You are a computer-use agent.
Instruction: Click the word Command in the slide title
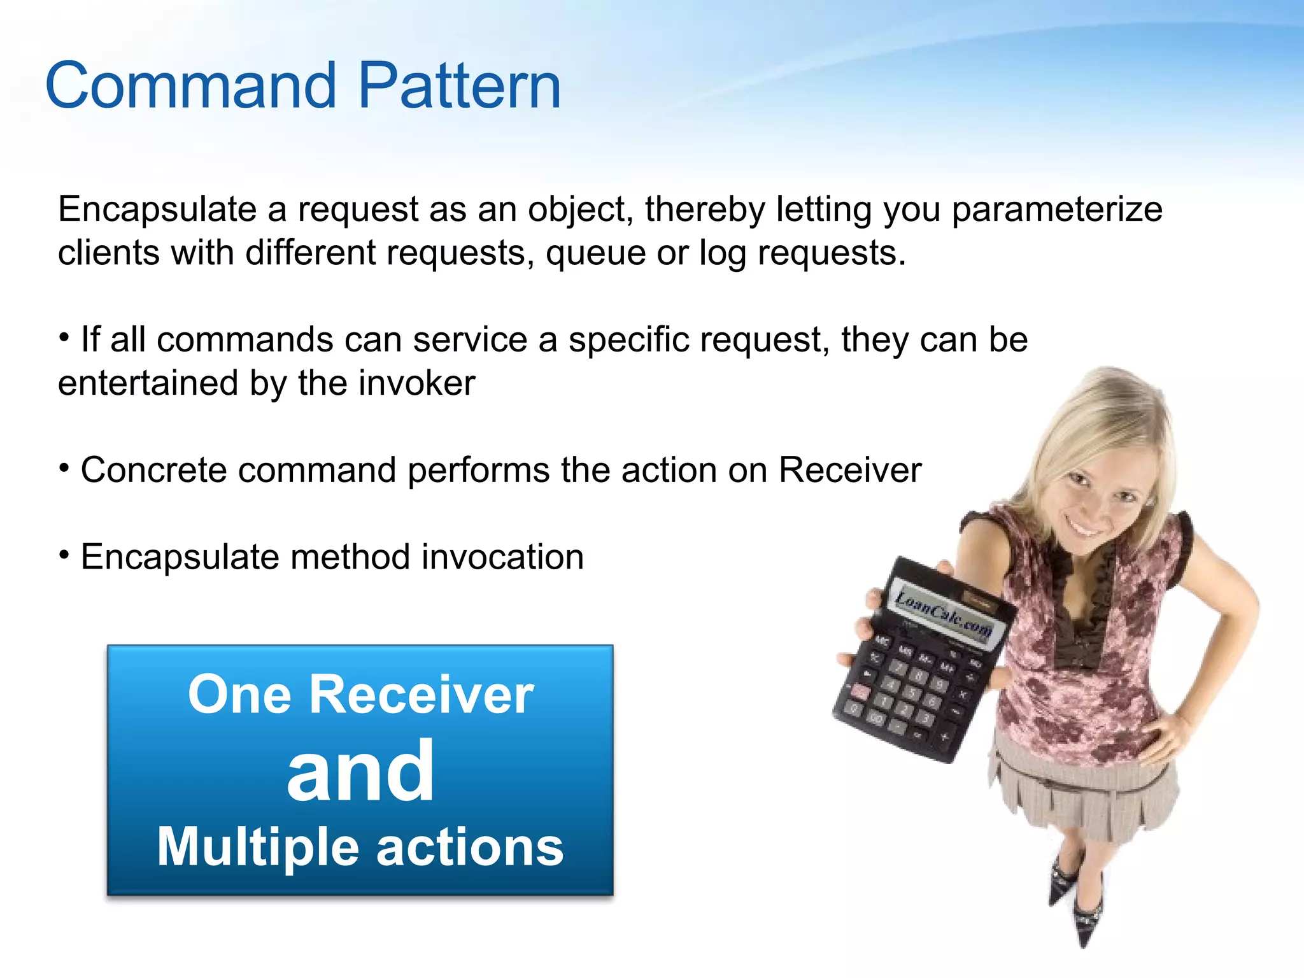[190, 86]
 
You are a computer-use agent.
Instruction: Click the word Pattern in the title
[459, 86]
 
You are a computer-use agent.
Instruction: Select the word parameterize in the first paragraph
[1056, 211]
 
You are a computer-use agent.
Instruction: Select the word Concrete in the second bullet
[153, 471]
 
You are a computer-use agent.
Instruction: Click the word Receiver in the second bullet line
[849, 471]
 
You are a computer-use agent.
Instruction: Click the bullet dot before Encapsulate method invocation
[64, 555]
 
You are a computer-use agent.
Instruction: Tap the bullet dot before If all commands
[64, 337]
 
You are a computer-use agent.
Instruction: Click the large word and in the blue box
[360, 772]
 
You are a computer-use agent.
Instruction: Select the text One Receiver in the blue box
[360, 695]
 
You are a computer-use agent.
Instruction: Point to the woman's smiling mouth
[1085, 528]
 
